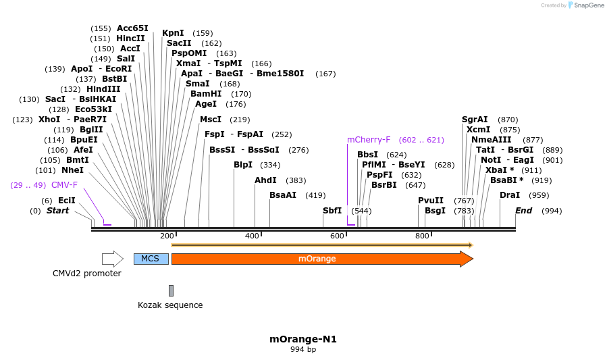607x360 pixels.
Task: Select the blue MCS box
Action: pyautogui.click(x=151, y=259)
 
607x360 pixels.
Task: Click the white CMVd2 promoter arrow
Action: pyautogui.click(x=112, y=259)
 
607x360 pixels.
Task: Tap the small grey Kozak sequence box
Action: pyautogui.click(x=171, y=290)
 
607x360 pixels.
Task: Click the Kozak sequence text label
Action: pyautogui.click(x=170, y=305)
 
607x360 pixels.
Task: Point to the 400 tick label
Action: pyautogui.click(x=252, y=236)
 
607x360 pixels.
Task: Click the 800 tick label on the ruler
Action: pyautogui.click(x=422, y=236)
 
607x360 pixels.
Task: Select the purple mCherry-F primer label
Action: pyautogui.click(x=369, y=140)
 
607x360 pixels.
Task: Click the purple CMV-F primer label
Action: pyautogui.click(x=64, y=184)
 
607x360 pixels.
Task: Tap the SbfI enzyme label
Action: pyautogui.click(x=332, y=211)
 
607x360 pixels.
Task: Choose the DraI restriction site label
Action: pyautogui.click(x=510, y=195)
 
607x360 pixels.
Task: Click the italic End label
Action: pyautogui.click(x=523, y=211)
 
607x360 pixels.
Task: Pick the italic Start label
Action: pyautogui.click(x=57, y=211)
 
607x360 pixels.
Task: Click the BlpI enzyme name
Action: pyautogui.click(x=243, y=165)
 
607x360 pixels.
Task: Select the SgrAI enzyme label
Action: pyautogui.click(x=475, y=119)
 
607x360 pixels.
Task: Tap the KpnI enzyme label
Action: pyautogui.click(x=173, y=32)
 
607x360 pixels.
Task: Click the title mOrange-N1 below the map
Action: pyautogui.click(x=303, y=339)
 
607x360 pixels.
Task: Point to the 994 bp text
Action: pyautogui.click(x=303, y=350)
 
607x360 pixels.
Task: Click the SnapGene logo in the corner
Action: pyautogui.click(x=585, y=5)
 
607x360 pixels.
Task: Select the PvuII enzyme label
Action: pyautogui.click(x=431, y=200)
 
